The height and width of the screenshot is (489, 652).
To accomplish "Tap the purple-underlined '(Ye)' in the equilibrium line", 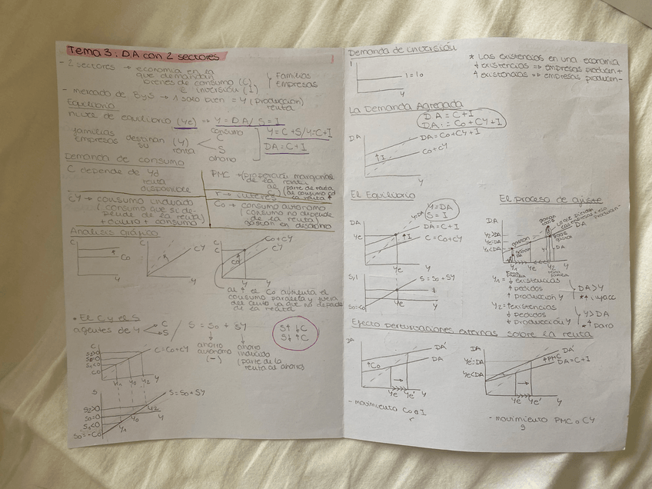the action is click(x=185, y=121).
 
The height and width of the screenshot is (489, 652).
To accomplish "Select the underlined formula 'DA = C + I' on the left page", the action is click(x=286, y=146).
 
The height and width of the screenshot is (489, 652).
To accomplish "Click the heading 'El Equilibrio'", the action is click(x=382, y=195).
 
